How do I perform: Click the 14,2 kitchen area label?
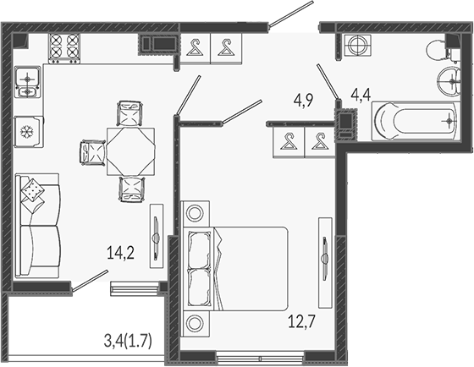tap(120, 253)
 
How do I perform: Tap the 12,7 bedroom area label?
tap(301, 321)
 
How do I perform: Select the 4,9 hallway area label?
tap(304, 101)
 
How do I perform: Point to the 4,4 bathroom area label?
tap(361, 95)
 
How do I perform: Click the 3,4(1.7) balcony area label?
tap(128, 342)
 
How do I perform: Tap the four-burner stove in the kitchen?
tap(64, 49)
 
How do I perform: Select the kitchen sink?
tap(27, 82)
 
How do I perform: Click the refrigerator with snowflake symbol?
tap(29, 132)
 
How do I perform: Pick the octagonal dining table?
tap(130, 151)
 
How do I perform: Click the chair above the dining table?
tap(130, 113)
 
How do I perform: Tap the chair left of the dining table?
tap(92, 152)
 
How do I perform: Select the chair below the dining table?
tap(132, 189)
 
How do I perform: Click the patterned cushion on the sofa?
tap(33, 189)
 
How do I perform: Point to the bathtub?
tap(416, 121)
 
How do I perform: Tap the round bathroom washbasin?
tap(449, 81)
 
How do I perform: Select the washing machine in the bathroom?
tap(358, 45)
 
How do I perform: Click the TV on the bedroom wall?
tap(325, 262)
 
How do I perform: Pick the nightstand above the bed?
tap(196, 213)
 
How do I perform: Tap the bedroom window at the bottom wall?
tap(261, 359)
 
